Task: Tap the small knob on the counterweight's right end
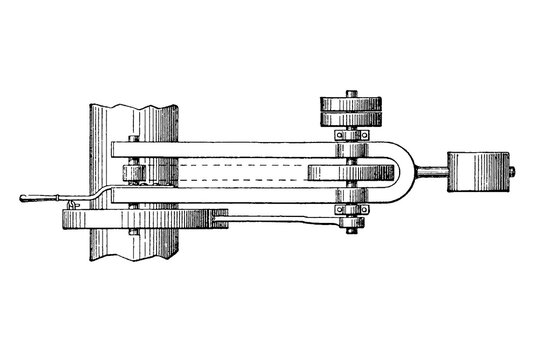pos(513,173)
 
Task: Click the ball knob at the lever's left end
pos(21,199)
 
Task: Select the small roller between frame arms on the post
pos(135,174)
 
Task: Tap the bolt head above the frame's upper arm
pos(132,137)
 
